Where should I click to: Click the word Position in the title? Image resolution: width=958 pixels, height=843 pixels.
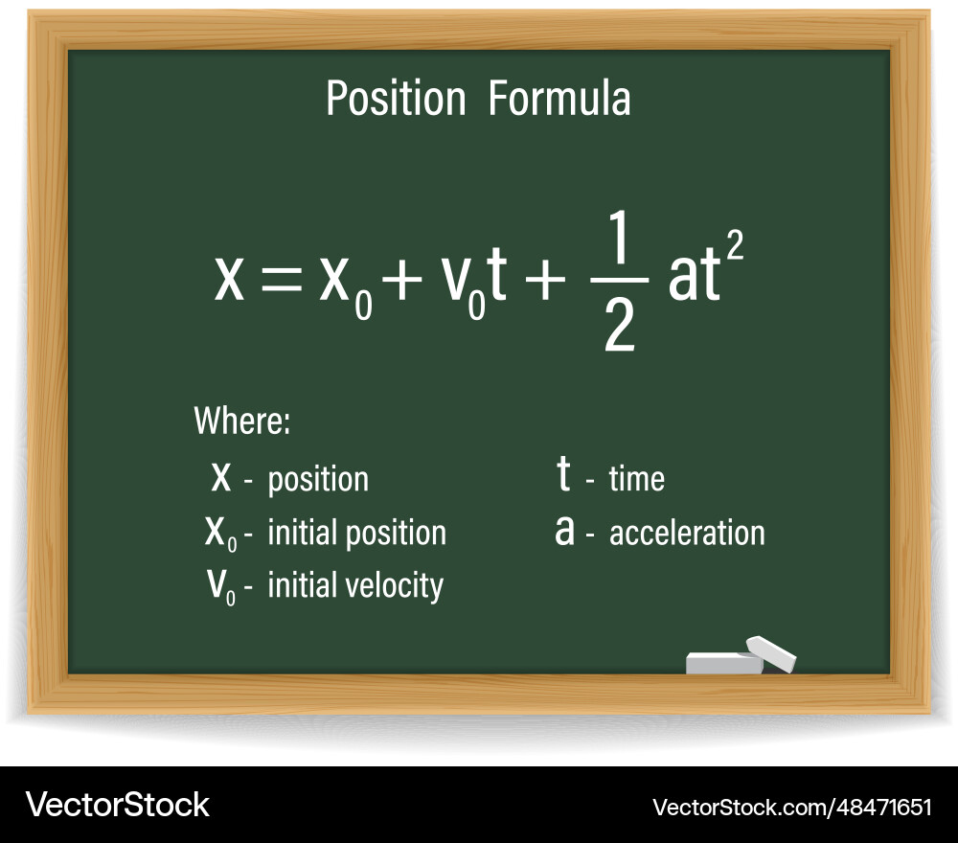(x=396, y=99)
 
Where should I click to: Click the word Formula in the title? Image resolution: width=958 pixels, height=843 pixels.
(x=559, y=99)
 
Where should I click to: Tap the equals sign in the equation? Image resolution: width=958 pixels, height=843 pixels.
(x=282, y=281)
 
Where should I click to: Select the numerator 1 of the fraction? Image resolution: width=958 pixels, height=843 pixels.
(x=619, y=237)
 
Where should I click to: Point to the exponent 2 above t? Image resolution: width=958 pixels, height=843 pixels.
(x=735, y=246)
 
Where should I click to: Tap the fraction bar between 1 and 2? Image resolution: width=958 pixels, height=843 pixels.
(x=620, y=281)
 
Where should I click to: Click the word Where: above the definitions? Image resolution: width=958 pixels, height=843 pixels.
(x=242, y=421)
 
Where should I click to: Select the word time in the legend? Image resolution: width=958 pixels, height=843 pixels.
(x=637, y=478)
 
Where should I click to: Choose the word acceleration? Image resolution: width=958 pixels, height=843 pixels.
(x=687, y=533)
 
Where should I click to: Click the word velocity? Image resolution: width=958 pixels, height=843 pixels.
(x=395, y=586)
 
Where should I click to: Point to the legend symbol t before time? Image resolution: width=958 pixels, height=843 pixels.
(x=563, y=473)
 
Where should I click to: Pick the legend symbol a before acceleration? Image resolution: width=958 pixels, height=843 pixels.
(x=564, y=530)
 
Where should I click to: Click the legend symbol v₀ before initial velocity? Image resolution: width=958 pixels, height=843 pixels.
(x=221, y=586)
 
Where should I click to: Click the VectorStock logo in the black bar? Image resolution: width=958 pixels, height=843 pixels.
(x=117, y=805)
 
